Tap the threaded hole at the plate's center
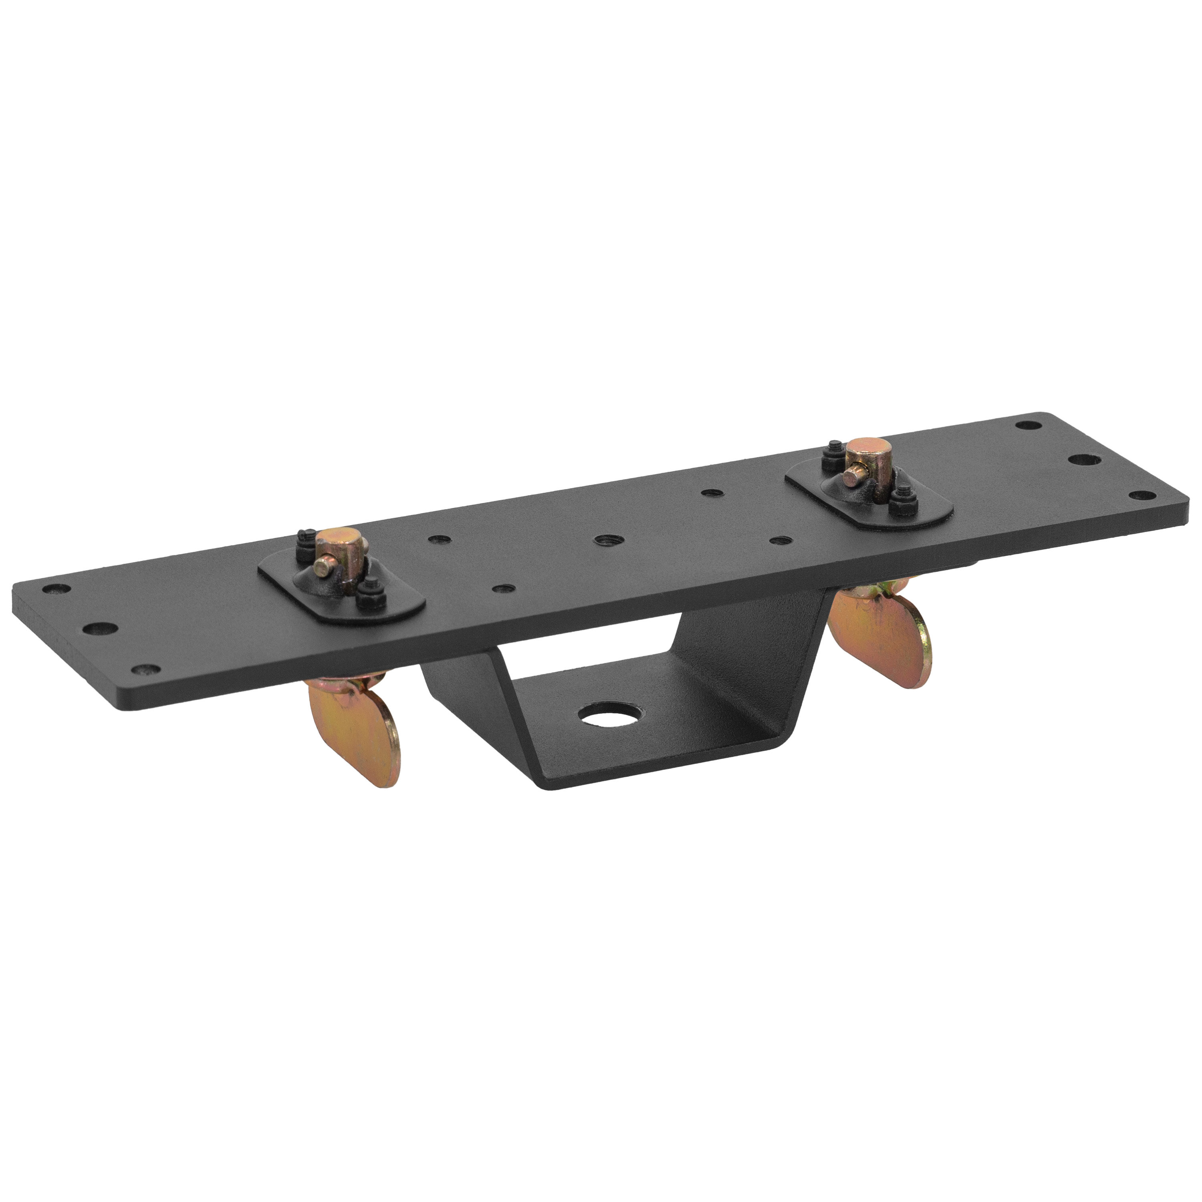602,540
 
